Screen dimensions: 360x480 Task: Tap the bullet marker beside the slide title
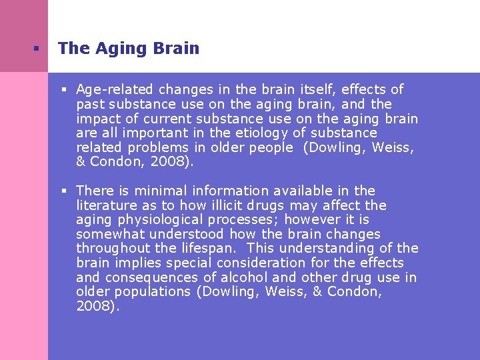pos(36,49)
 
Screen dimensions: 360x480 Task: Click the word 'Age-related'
pos(109,89)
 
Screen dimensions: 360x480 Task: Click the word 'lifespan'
pos(211,249)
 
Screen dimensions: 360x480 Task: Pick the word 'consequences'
pos(151,277)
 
